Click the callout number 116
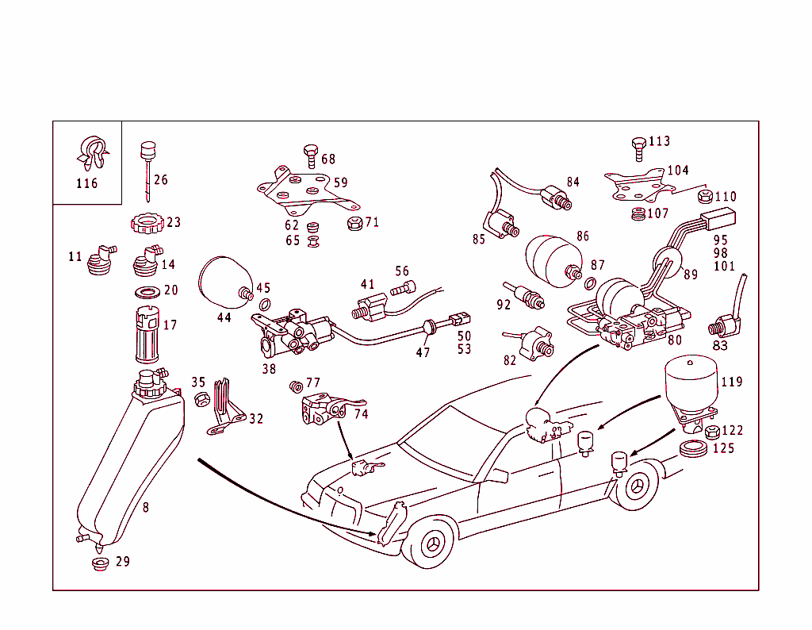point(86,184)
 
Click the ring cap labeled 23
point(147,224)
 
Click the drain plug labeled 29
point(100,564)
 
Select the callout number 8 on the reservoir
point(145,506)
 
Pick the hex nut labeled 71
point(354,223)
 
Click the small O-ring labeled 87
point(590,284)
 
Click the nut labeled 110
point(703,197)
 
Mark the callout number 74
point(361,414)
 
